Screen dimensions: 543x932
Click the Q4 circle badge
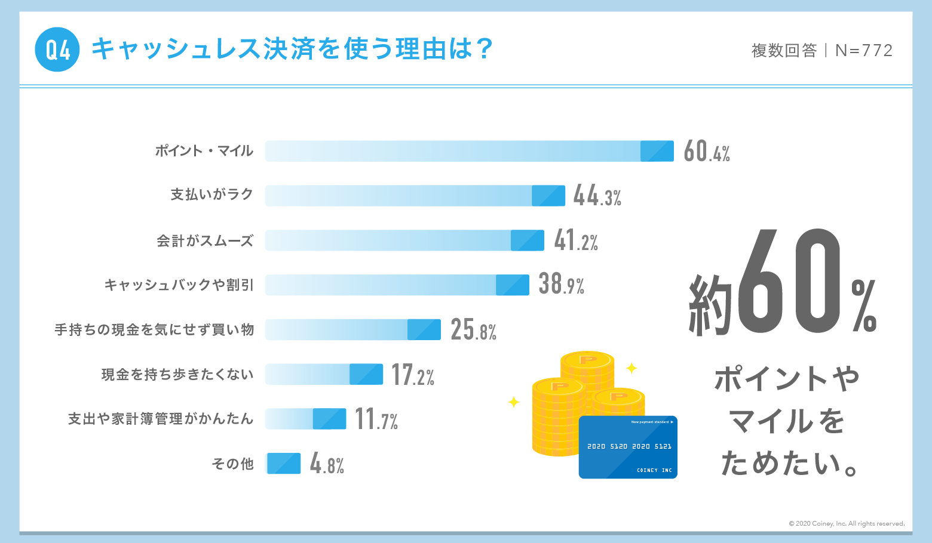coord(57,50)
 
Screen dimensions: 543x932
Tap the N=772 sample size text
coord(864,51)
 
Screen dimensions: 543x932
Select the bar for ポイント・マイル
coord(469,151)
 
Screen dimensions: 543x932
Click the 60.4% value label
coord(707,152)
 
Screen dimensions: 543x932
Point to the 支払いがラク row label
coord(212,195)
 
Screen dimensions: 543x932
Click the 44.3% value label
coord(597,196)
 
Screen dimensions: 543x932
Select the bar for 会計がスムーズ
coord(404,240)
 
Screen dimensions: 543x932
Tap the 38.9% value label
coord(561,285)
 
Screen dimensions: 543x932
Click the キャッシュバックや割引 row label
coord(179,285)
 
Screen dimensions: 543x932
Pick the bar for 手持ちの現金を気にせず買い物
coord(352,329)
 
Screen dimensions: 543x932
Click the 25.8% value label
coord(473,329)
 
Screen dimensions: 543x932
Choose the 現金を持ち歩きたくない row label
coord(177,375)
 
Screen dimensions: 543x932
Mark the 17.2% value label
coord(412,375)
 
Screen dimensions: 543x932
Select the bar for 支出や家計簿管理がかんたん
coord(305,419)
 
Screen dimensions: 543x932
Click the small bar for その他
coord(283,464)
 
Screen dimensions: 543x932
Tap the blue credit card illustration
coord(628,447)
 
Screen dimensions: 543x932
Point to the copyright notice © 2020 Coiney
coord(846,524)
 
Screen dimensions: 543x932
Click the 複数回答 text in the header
coord(784,51)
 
